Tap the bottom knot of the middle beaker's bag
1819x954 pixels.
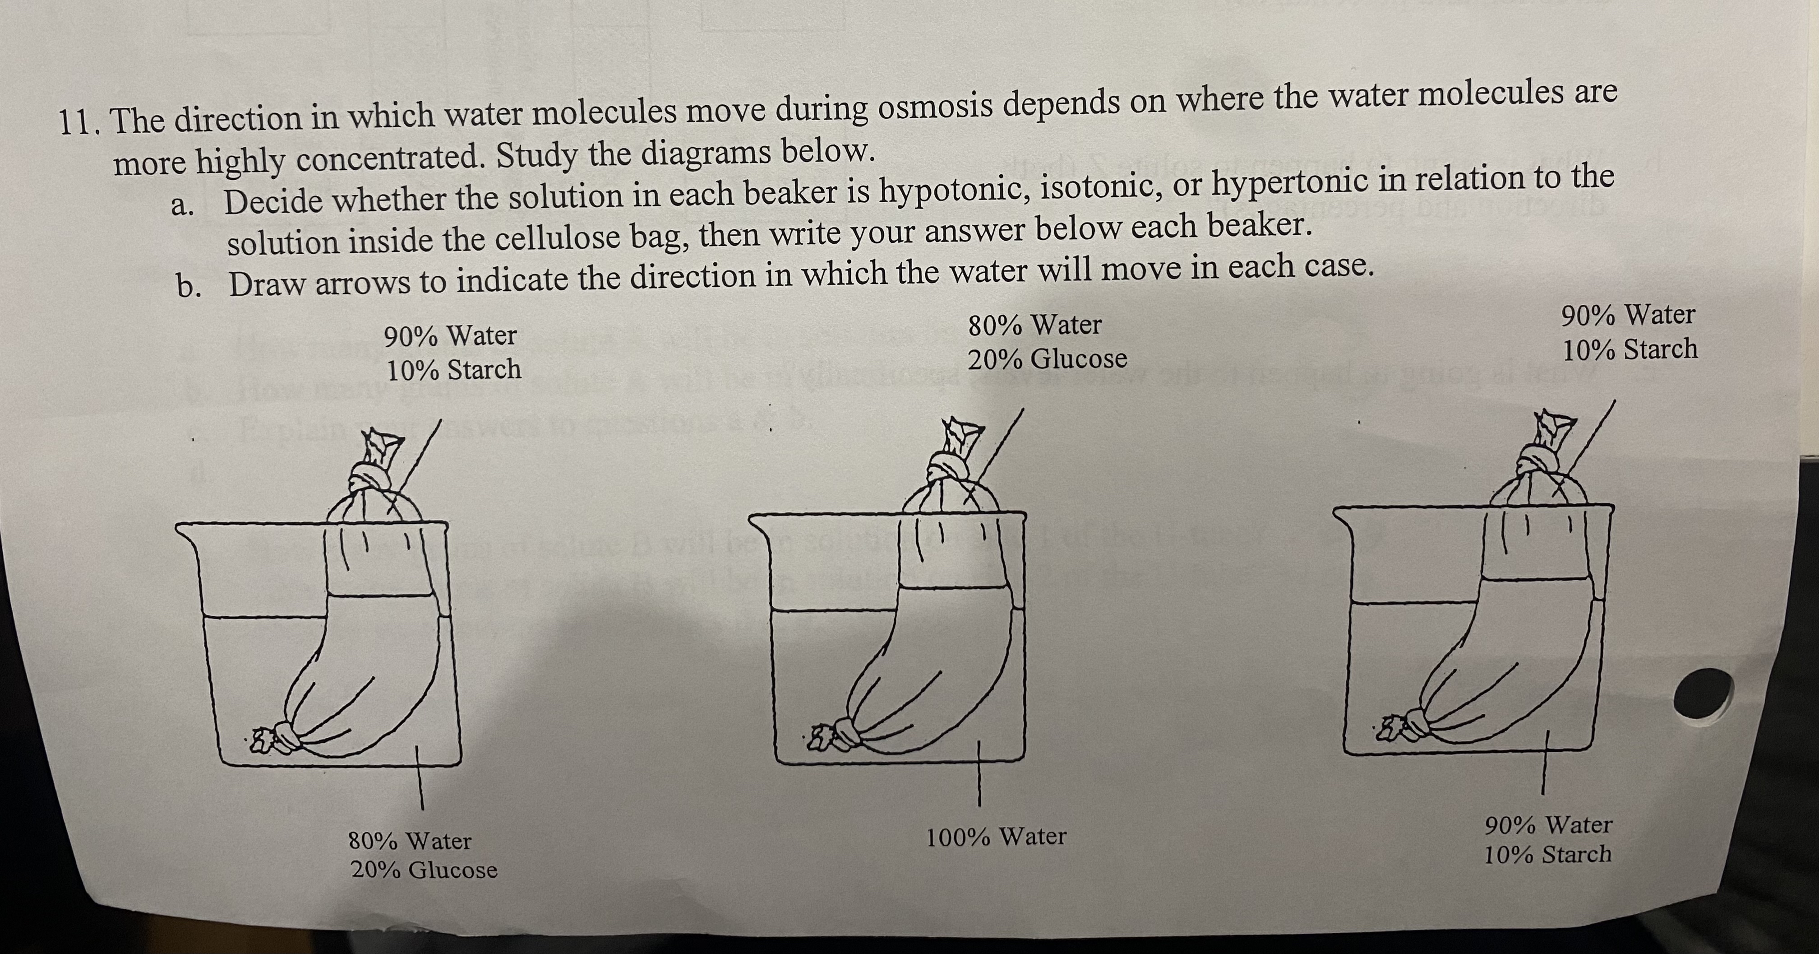click(845, 732)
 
